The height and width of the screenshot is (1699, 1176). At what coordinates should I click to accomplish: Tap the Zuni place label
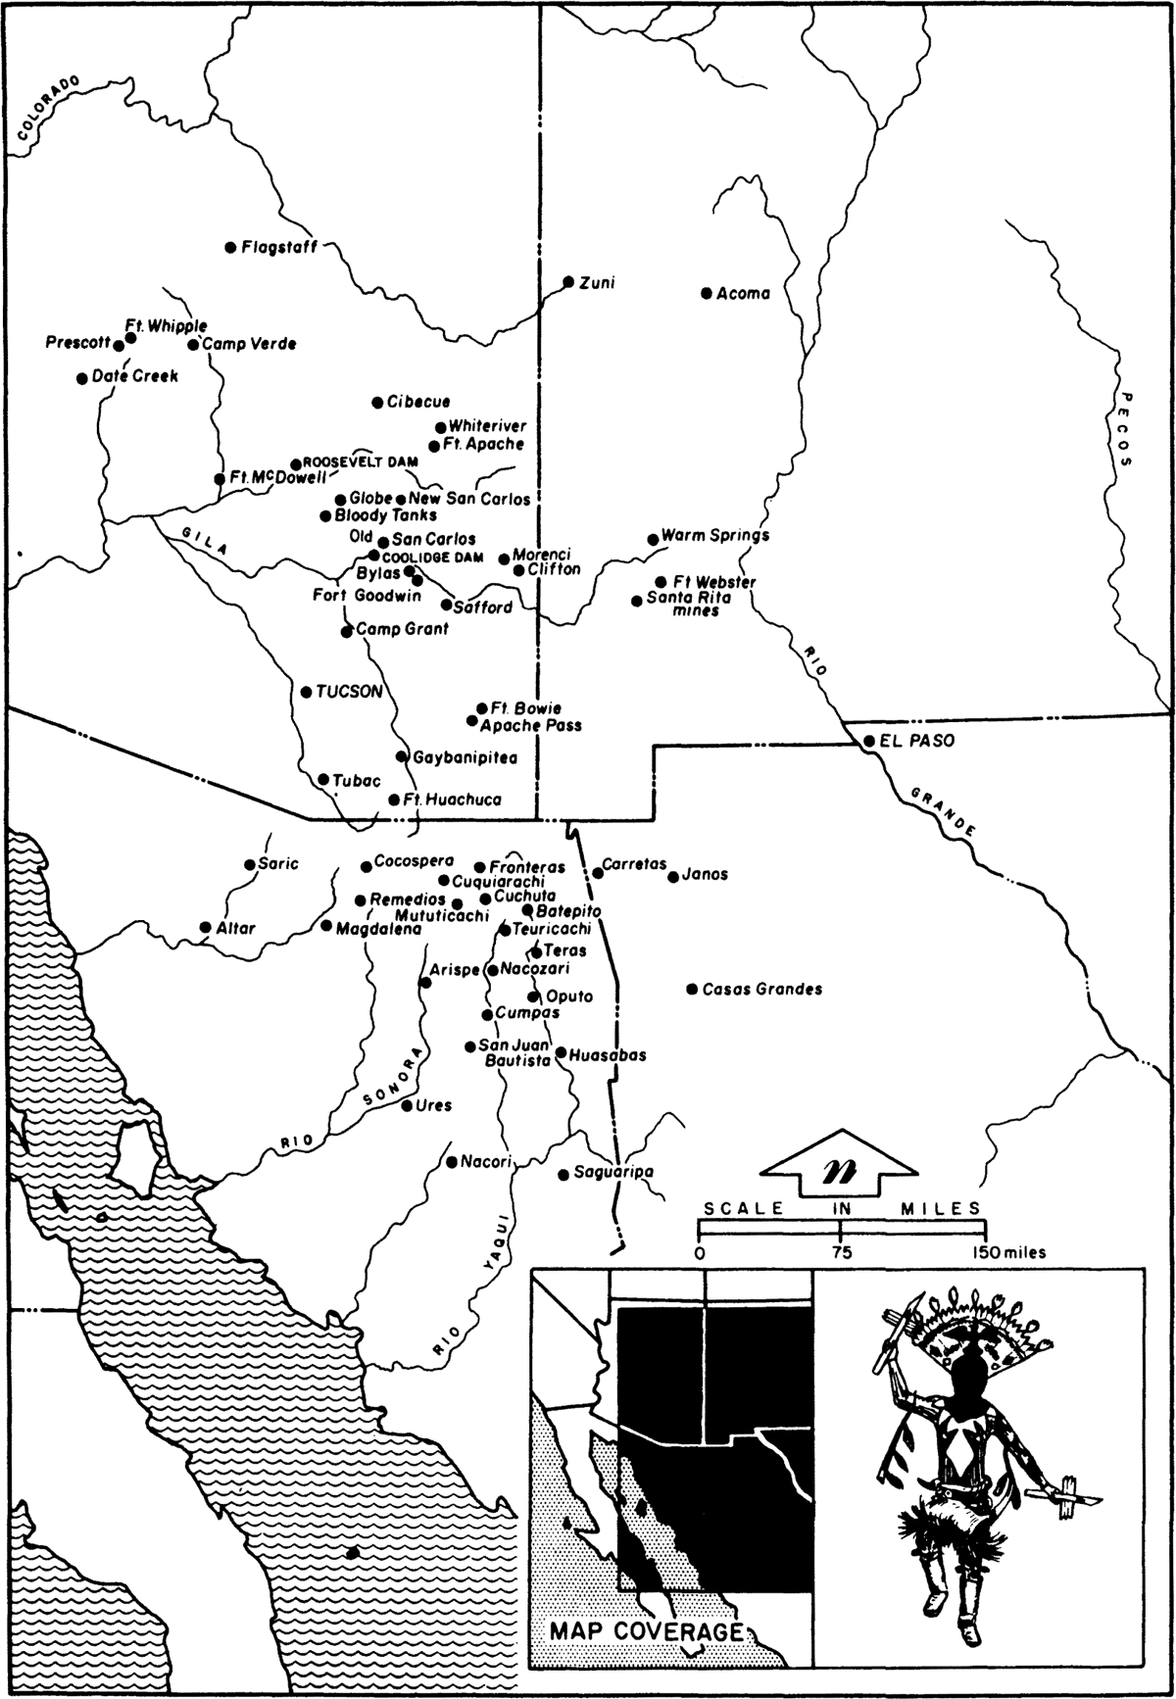pos(597,283)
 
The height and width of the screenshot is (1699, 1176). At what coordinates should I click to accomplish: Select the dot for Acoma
pos(706,293)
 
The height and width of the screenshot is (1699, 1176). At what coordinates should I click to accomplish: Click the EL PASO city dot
pos(868,742)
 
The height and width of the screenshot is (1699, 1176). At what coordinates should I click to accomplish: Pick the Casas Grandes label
pos(761,990)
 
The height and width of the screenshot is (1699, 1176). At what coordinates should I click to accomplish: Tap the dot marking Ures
pos(408,1105)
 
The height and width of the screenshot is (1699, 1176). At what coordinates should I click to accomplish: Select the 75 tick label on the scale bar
pos(841,1252)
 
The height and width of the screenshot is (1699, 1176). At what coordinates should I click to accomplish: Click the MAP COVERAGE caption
pos(646,1631)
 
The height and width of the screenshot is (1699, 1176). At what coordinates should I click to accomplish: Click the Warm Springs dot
pos(653,539)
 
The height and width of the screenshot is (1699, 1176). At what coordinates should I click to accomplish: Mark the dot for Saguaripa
pos(563,1174)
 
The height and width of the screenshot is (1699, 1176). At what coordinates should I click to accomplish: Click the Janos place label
pos(705,874)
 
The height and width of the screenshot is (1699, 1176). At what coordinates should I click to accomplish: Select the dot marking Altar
pos(206,927)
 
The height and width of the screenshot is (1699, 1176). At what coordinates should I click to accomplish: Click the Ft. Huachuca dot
pos(395,800)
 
